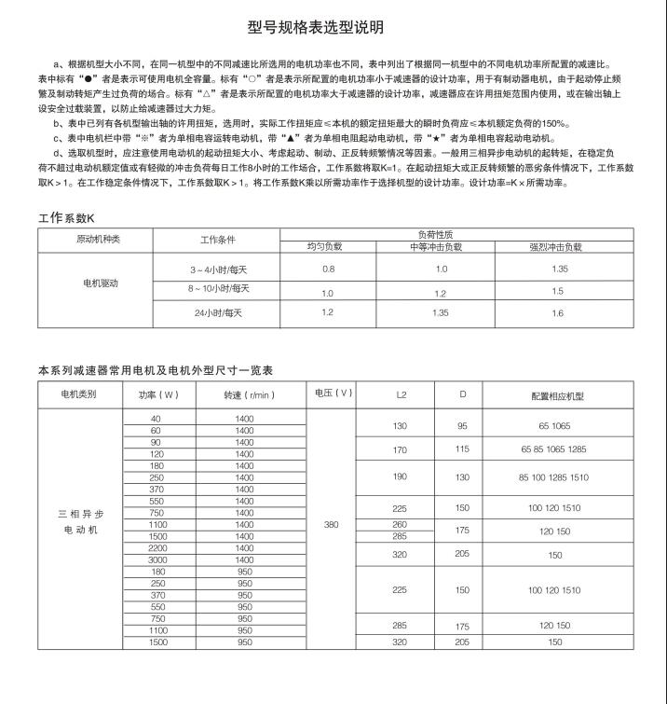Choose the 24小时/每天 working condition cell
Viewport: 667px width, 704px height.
click(x=218, y=312)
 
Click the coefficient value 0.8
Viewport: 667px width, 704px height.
click(x=328, y=269)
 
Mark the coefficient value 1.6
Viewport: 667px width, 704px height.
click(x=557, y=312)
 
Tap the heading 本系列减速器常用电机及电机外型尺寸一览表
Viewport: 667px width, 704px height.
click(x=154, y=370)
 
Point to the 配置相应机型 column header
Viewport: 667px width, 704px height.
click(x=557, y=395)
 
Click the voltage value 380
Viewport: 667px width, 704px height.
click(x=331, y=525)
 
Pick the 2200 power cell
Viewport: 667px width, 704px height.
click(x=156, y=548)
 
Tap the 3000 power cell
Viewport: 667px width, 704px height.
click(x=156, y=559)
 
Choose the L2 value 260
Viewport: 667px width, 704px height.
click(x=401, y=524)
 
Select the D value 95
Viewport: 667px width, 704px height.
click(x=462, y=425)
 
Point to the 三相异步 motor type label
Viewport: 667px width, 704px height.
click(x=79, y=515)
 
